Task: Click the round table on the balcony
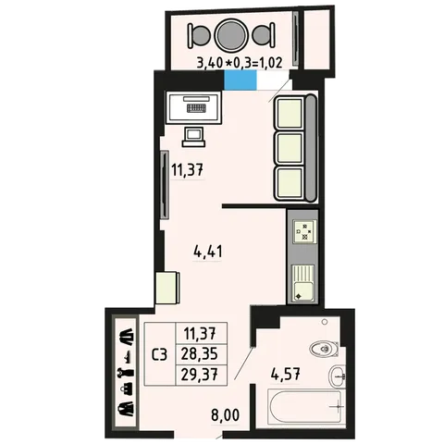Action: [x=231, y=35]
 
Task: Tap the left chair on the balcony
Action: [x=199, y=35]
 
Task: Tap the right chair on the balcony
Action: [x=264, y=35]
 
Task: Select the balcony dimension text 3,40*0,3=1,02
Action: [x=240, y=63]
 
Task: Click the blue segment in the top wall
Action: [x=240, y=80]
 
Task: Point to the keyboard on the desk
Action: [x=196, y=107]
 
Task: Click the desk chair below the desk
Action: [x=194, y=137]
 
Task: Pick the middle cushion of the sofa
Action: [x=290, y=148]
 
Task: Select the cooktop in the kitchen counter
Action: [x=304, y=231]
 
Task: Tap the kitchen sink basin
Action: [x=303, y=291]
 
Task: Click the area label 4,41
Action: [x=207, y=252]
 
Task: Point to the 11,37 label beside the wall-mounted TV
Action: [x=188, y=169]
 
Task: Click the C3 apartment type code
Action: [x=160, y=354]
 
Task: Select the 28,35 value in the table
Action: [x=200, y=354]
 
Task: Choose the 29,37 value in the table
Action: [x=200, y=375]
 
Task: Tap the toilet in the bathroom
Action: [x=324, y=349]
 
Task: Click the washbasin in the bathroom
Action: [x=337, y=376]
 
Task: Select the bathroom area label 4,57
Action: [x=285, y=375]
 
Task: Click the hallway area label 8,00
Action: [x=226, y=415]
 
